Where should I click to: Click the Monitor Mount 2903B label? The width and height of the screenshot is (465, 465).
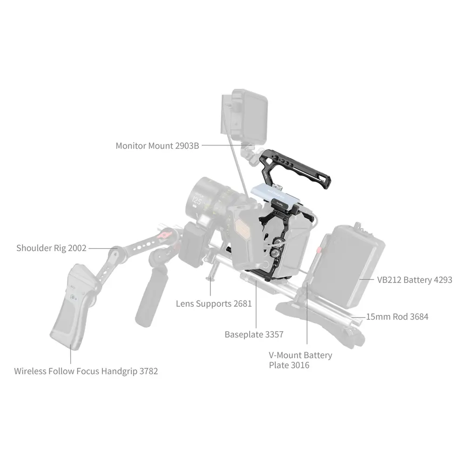pos(157,146)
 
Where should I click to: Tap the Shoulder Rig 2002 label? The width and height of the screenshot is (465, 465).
pos(51,248)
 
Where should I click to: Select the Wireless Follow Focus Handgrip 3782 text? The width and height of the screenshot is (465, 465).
pos(86,371)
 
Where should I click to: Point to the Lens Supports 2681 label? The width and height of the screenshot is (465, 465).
pos(214,304)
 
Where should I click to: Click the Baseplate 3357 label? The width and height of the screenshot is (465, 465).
pos(254,334)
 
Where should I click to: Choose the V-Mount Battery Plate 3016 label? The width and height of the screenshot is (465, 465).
pos(300,360)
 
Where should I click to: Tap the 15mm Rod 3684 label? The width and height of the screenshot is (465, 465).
pos(398,317)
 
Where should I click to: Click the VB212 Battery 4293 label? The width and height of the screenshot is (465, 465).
pos(415,279)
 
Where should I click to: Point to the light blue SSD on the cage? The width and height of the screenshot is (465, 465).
pos(276,196)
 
